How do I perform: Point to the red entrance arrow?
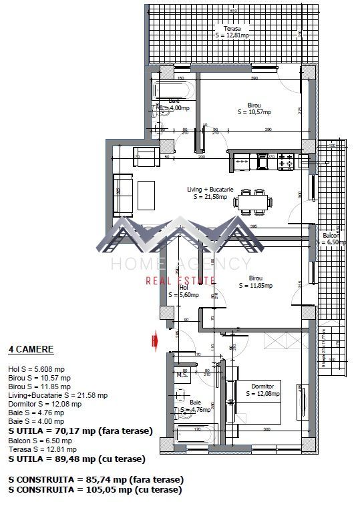tap(154, 341)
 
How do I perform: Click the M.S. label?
tap(181, 375)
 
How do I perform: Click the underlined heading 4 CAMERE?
tap(31, 349)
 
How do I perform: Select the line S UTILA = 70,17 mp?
tap(79, 430)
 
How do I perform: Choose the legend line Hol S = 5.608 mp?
tap(36, 368)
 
